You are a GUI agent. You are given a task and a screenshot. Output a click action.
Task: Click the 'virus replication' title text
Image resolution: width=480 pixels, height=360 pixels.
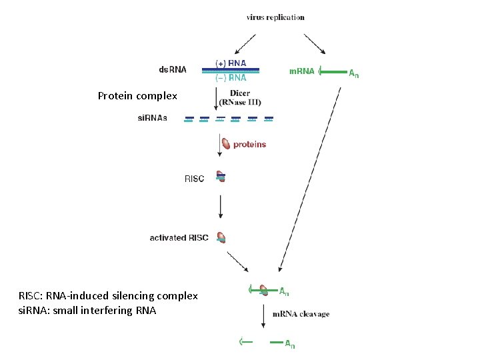tap(275, 17)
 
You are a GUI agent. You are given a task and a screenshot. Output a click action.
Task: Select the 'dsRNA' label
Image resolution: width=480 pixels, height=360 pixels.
tap(173, 69)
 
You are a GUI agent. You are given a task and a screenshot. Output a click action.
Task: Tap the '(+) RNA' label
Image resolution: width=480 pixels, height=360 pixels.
tap(231, 63)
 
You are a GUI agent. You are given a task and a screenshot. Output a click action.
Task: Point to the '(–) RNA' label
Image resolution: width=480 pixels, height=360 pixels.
tap(231, 77)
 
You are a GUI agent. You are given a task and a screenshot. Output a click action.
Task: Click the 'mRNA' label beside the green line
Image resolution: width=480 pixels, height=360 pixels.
tap(301, 71)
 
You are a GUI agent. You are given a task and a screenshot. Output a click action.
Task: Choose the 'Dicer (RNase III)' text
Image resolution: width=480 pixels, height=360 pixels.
tap(244, 97)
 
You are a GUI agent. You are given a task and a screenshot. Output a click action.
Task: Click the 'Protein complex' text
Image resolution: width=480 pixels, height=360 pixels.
tap(137, 96)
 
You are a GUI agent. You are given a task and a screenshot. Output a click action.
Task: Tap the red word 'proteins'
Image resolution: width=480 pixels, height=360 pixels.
tap(249, 144)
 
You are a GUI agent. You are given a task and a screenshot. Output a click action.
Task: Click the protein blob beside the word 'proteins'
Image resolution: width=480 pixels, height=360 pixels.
tap(226, 144)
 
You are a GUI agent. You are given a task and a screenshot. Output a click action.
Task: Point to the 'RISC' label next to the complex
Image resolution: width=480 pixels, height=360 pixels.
tap(194, 179)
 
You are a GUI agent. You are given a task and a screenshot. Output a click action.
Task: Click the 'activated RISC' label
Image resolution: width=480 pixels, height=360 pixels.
tap(179, 237)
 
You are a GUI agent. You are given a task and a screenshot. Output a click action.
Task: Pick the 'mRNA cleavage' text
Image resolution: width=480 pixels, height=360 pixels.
tap(300, 314)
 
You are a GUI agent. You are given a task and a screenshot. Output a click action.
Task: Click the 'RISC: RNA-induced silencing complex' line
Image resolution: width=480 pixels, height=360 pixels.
tap(108, 295)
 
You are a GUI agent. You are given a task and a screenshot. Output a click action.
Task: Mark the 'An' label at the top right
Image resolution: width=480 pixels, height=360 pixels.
tap(354, 73)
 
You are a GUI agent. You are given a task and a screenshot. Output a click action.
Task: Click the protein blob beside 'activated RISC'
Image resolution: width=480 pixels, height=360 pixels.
tap(221, 237)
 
